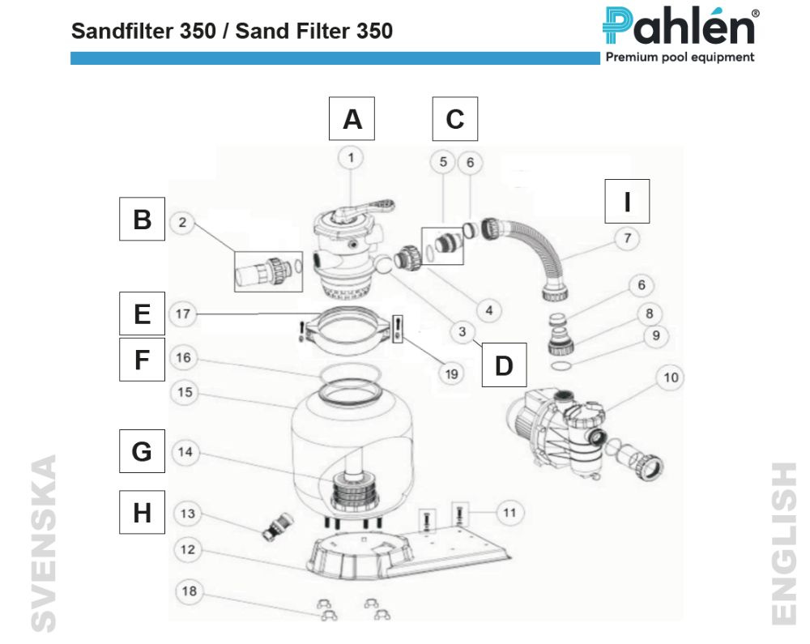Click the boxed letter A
[x=352, y=119]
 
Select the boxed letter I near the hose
[x=627, y=201]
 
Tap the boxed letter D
[x=503, y=365]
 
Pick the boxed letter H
[x=142, y=512]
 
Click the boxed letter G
[x=142, y=451]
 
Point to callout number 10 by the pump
[x=672, y=377]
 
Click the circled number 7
[x=627, y=238]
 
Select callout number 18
[x=188, y=591]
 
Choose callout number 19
[x=452, y=373]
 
